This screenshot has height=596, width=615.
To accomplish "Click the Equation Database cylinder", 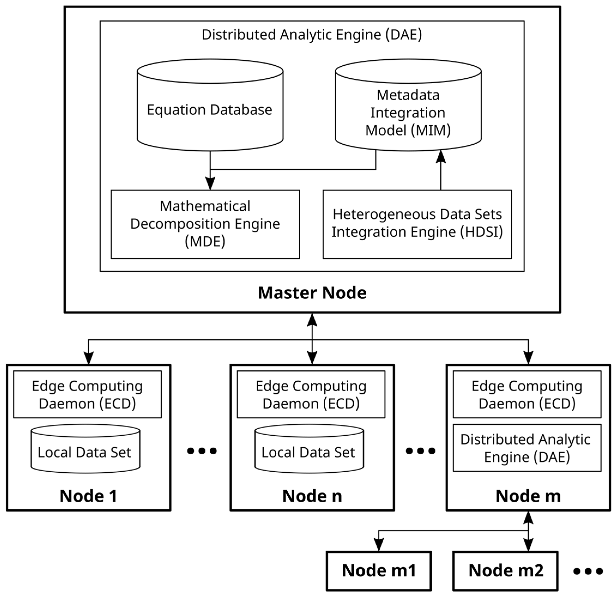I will (210, 110).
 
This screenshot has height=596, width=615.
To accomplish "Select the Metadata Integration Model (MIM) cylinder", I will (408, 112).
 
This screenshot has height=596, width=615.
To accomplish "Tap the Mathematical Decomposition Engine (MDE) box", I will (205, 224).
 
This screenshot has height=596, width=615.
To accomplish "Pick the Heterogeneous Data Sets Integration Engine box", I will (417, 224).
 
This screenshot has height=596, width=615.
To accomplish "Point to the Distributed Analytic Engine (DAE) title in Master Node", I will (312, 35).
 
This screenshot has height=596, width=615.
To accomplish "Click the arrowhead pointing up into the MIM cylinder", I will (441, 156).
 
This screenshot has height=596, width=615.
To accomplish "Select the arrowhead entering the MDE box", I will (210, 184).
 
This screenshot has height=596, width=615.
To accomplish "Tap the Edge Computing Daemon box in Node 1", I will (87, 394).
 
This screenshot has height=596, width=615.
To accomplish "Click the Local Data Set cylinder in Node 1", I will (85, 452).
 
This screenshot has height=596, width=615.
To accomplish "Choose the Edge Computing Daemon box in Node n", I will (311, 394).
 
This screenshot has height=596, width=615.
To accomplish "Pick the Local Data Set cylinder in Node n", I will (309, 452).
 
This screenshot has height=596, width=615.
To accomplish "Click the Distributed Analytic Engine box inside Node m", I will (527, 448).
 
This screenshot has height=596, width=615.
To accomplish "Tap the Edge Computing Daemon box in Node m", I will (527, 394).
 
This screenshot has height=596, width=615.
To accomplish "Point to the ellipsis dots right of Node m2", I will (588, 571).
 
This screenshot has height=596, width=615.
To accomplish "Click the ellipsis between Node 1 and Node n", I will (202, 451).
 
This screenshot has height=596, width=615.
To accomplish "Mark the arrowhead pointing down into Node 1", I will (89, 358).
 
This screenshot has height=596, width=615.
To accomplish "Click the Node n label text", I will (312, 496).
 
